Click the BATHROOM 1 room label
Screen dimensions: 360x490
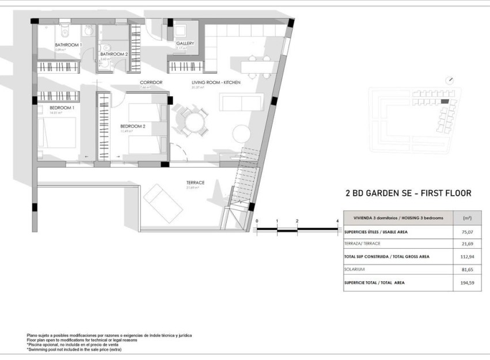[68, 44]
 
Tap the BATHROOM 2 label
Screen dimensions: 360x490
[113, 54]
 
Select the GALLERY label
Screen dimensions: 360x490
[185, 44]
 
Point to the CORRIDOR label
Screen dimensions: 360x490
[151, 83]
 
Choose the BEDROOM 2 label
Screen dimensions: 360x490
[132, 126]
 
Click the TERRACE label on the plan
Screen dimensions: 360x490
[195, 183]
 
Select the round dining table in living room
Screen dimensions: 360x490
[193, 122]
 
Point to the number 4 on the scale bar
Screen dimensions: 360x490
[337, 221]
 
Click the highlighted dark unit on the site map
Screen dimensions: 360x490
[444, 101]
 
